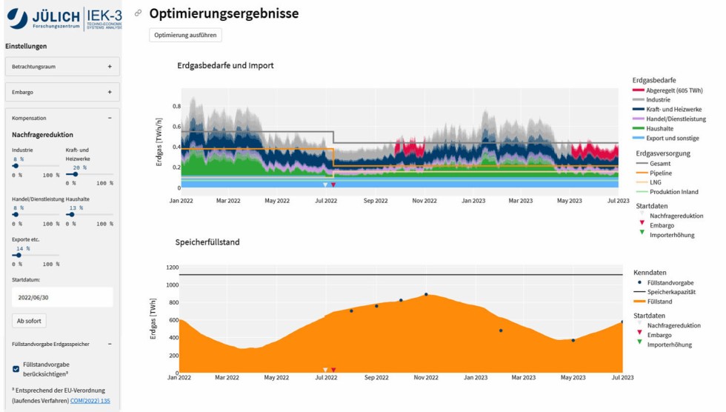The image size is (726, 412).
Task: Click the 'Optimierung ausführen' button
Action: click(x=185, y=35)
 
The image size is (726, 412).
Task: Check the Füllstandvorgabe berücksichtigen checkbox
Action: click(x=16, y=368)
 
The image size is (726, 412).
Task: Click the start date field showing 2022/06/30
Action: click(x=62, y=297)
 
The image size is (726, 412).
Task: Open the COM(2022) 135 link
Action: click(x=90, y=401)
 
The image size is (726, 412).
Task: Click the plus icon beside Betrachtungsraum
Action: click(x=110, y=67)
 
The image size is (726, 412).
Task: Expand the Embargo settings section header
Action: click(x=62, y=93)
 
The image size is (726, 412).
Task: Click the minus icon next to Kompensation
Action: click(x=110, y=118)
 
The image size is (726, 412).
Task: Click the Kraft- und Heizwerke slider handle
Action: click(x=76, y=174)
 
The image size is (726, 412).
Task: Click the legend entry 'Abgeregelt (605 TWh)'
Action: click(x=673, y=90)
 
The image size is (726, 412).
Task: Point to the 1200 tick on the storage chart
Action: click(x=173, y=268)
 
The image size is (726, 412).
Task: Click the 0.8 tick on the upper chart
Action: click(x=176, y=107)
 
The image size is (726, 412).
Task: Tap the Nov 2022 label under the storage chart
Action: click(x=425, y=377)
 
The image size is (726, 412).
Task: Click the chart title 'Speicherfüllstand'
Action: click(x=207, y=242)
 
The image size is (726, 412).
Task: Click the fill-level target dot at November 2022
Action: click(x=426, y=294)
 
